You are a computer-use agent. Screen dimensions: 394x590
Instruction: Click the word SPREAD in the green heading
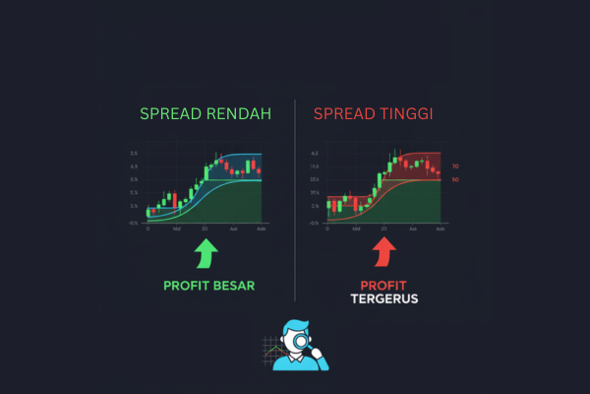pos(171,115)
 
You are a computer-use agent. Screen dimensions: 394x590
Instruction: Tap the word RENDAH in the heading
pos(239,115)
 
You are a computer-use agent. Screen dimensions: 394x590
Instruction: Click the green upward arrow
pos(206,255)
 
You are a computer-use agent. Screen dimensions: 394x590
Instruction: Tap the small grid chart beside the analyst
pos(273,352)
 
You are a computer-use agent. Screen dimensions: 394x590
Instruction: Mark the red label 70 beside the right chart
pos(454,166)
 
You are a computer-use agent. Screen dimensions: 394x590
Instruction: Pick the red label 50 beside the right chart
pos(454,179)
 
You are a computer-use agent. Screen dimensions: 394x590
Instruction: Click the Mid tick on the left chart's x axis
pos(176,228)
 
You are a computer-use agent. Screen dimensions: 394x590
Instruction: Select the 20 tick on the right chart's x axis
pos(383,228)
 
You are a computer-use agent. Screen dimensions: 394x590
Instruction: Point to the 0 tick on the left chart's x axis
pos(147,228)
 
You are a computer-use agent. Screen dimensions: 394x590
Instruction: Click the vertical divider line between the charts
pos(295,197)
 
